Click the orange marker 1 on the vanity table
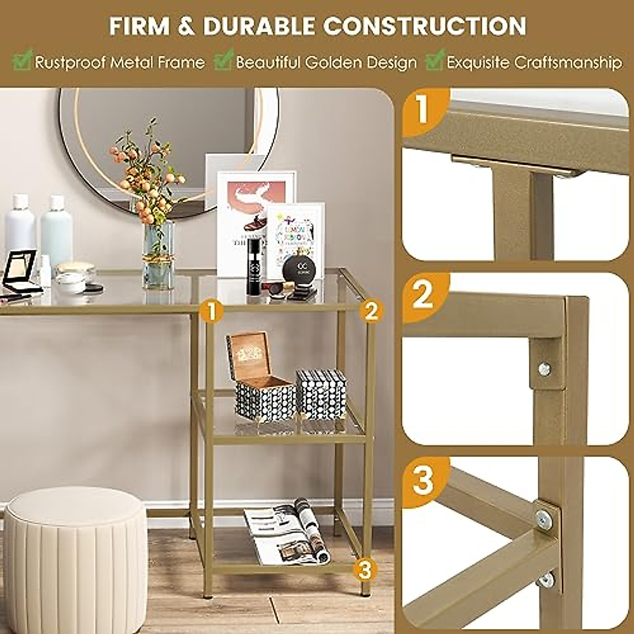coord(211,311)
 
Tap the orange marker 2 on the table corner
coord(371,311)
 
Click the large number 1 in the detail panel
coord(423,109)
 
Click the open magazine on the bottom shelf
coord(288,531)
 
